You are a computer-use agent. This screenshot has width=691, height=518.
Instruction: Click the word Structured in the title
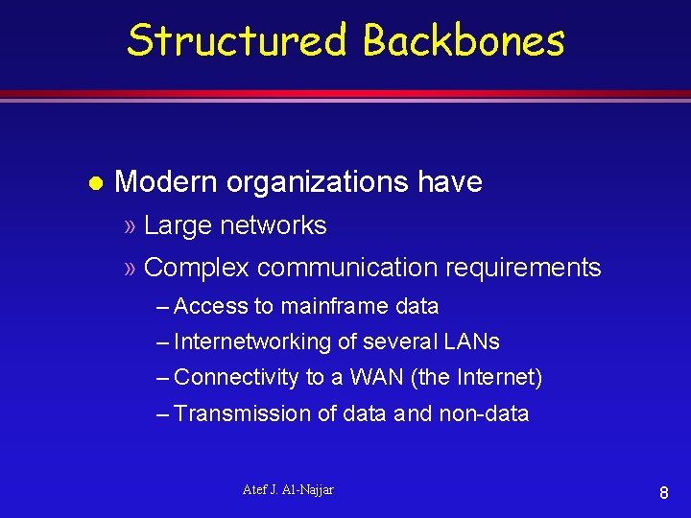point(238,41)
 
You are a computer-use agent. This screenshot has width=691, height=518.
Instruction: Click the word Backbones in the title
point(464,41)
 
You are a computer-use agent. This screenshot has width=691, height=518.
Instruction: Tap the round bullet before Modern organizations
point(94,182)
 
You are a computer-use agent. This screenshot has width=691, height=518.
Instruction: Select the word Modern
point(165,182)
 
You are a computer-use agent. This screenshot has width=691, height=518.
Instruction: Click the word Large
point(178,225)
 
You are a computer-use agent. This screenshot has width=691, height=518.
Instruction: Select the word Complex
point(197,269)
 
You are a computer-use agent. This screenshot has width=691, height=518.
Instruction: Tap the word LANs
point(471,342)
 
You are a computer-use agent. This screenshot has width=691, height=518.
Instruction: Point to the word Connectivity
point(236,378)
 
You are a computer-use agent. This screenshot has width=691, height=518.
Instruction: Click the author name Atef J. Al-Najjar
point(288,490)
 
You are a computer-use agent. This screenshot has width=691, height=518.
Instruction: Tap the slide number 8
point(663,494)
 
